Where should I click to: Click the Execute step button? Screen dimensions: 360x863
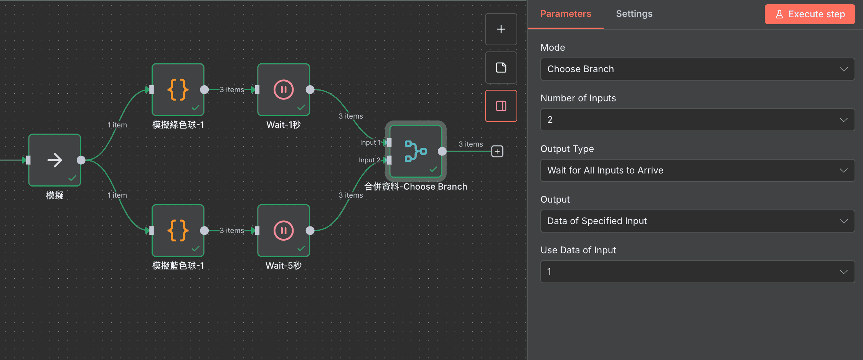[810, 14]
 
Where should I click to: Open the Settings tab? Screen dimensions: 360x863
[634, 14]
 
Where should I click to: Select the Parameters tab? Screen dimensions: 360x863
[566, 14]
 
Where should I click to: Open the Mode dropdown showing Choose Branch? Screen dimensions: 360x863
[697, 69]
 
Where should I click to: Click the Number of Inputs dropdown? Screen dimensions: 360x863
[697, 120]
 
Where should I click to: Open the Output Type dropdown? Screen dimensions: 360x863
[697, 170]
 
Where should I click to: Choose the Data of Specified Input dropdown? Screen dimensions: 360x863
[697, 221]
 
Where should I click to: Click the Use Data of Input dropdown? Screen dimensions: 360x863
[697, 272]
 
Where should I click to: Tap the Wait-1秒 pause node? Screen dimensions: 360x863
[284, 90]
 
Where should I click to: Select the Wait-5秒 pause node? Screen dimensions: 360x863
[284, 231]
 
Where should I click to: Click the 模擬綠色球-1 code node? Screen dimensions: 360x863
[178, 90]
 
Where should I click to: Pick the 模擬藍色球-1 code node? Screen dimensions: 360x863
[178, 231]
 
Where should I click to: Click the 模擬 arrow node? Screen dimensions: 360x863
[54, 160]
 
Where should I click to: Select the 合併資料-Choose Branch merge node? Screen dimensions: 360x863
[416, 151]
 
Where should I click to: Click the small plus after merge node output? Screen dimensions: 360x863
[497, 151]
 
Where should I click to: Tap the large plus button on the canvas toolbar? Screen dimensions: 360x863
[501, 29]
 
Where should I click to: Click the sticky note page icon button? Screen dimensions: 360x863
[501, 68]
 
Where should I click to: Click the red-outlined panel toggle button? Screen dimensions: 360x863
[501, 106]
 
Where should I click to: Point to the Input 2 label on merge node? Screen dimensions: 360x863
[369, 160]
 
